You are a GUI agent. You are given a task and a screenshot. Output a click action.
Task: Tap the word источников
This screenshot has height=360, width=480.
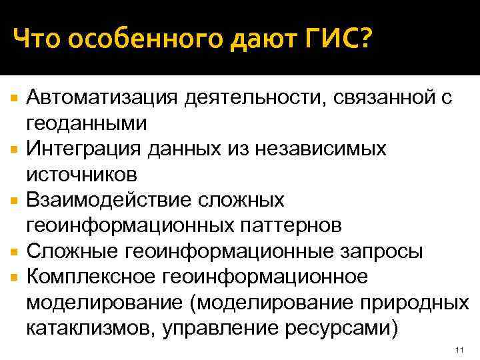click(82, 175)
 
